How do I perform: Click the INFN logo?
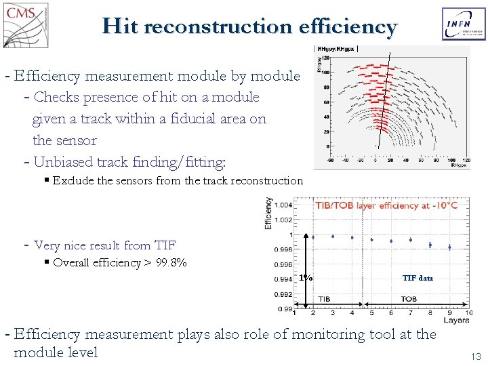tap(464, 25)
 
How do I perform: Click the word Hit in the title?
tap(120, 26)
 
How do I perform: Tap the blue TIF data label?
tap(417, 278)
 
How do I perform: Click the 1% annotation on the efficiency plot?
tap(306, 278)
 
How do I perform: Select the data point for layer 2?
tap(312, 237)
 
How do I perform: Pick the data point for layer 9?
tap(449, 247)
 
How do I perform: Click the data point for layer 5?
tap(371, 240)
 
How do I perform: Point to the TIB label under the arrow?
tap(323, 299)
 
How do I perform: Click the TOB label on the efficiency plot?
tap(409, 299)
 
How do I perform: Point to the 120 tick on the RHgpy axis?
tap(325, 58)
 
